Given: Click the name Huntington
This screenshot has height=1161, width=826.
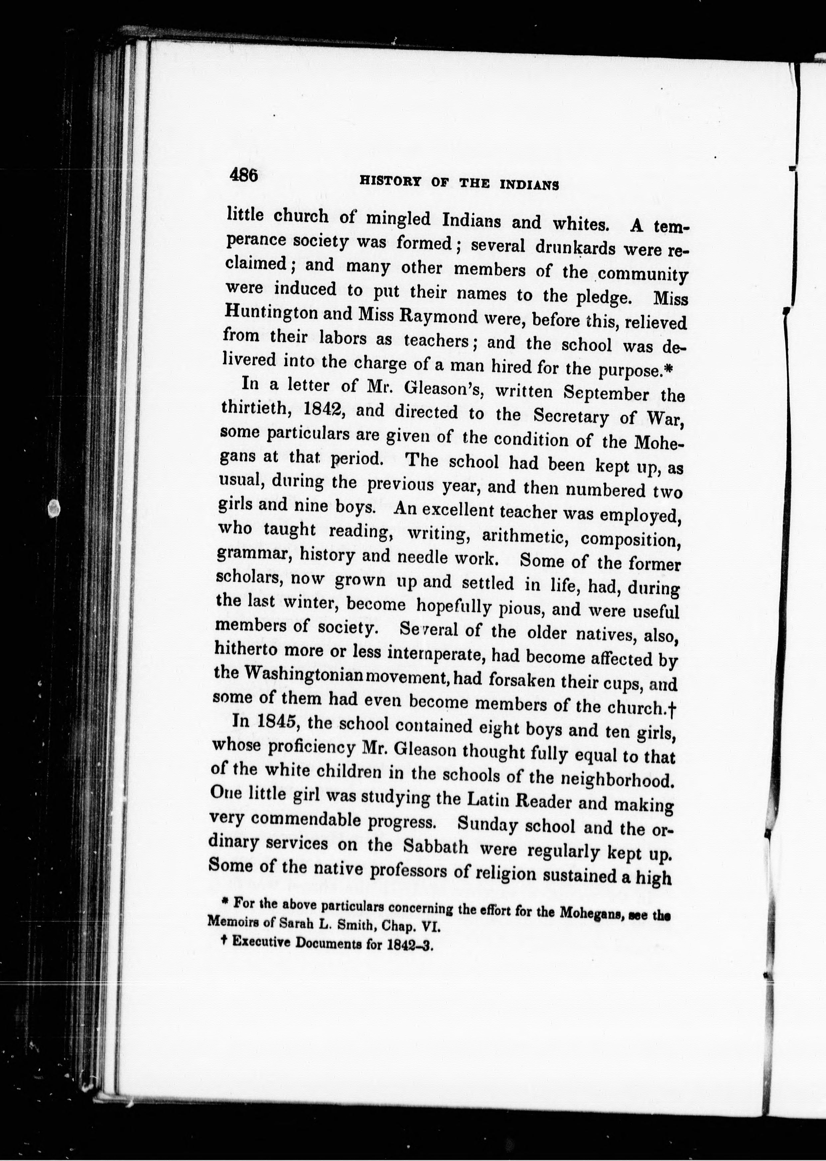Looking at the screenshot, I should point(270,312).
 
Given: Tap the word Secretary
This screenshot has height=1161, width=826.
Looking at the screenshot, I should point(571,416).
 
